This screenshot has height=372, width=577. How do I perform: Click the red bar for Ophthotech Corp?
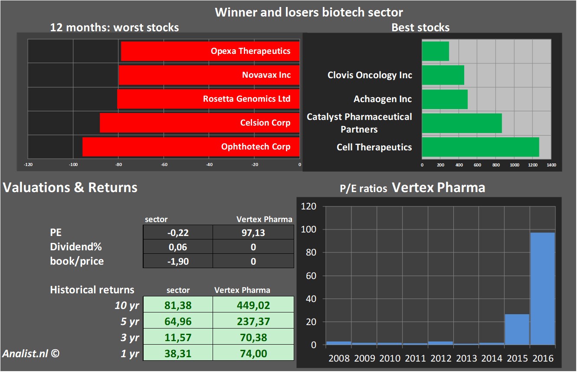(x=191, y=146)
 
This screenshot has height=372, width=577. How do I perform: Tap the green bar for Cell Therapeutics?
(x=480, y=147)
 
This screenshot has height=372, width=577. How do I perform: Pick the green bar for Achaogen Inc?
(x=445, y=99)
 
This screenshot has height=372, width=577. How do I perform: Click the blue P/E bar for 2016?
(x=542, y=289)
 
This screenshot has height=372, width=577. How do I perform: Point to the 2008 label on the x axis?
(x=339, y=359)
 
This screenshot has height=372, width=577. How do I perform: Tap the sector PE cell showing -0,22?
(x=178, y=232)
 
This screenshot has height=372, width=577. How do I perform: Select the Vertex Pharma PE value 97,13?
(x=253, y=232)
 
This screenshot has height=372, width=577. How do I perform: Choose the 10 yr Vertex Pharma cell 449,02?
(x=253, y=305)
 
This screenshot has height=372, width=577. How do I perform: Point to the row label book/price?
(x=77, y=261)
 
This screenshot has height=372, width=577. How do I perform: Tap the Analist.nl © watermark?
(x=30, y=353)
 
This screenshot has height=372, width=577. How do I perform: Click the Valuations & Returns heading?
(x=70, y=187)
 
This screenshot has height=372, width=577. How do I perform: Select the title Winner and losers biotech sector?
(x=309, y=12)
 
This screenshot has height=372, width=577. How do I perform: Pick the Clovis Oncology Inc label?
(x=370, y=75)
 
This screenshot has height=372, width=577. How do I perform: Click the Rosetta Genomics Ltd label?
(x=246, y=99)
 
